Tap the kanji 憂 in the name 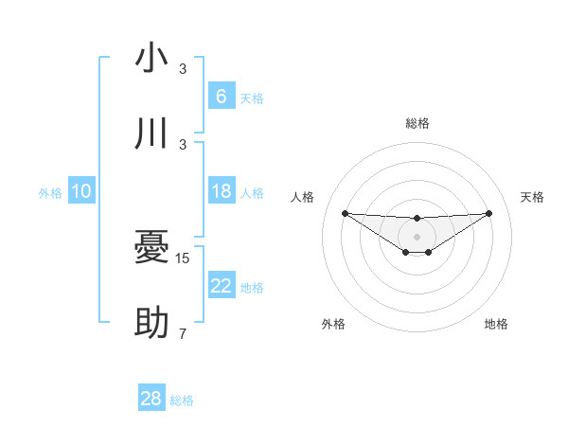tap(151, 249)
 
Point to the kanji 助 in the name tap(151, 324)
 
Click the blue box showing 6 tap(221, 97)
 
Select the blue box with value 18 tap(221, 192)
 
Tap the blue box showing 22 tap(221, 287)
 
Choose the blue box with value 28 tap(151, 399)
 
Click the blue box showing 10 tap(81, 192)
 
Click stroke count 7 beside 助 tap(183, 334)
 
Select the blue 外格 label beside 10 tap(50, 193)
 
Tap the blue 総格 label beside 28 tap(182, 400)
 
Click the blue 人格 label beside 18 tap(252, 193)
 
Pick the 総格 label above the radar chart tap(417, 123)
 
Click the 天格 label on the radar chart tap(532, 197)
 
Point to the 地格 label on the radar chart tap(496, 324)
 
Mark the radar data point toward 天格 tap(488, 213)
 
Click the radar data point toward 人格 tap(345, 213)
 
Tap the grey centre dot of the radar tap(417, 236)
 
